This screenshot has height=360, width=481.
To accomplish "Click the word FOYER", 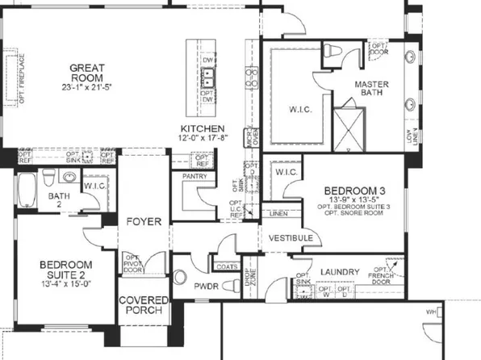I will point(143,221).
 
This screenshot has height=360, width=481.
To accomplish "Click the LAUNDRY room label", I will point(340,271).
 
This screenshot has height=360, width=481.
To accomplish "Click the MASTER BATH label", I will point(374,88).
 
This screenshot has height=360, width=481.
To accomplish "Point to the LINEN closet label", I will point(278,213).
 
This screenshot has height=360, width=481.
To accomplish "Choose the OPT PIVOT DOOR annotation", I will point(132,264).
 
